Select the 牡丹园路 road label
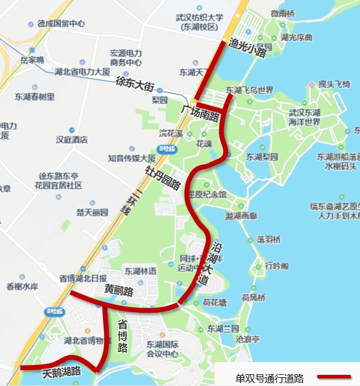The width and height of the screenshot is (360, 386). [162, 177]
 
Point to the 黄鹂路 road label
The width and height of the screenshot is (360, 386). [119, 290]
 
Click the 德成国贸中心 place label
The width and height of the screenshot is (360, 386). [61, 24]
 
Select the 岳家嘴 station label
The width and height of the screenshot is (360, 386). [32, 60]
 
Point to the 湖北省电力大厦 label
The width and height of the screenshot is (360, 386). [82, 72]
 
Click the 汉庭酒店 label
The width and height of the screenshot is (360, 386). [71, 140]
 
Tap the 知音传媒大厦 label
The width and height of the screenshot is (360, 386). [131, 158]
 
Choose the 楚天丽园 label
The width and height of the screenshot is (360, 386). [92, 212]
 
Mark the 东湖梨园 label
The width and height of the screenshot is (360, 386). [262, 157]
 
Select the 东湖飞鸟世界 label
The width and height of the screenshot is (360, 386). [250, 91]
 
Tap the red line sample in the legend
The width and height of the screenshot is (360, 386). [334, 377]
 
